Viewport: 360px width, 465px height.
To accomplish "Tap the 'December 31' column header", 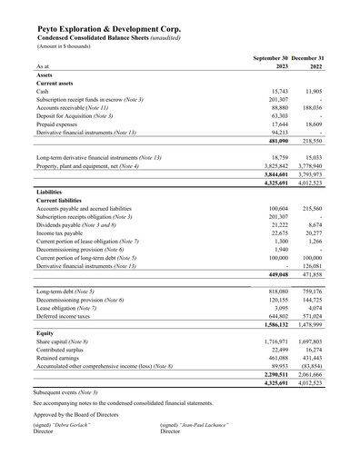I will tap(313, 57).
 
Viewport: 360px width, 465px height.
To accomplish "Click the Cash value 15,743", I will tap(285, 93).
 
